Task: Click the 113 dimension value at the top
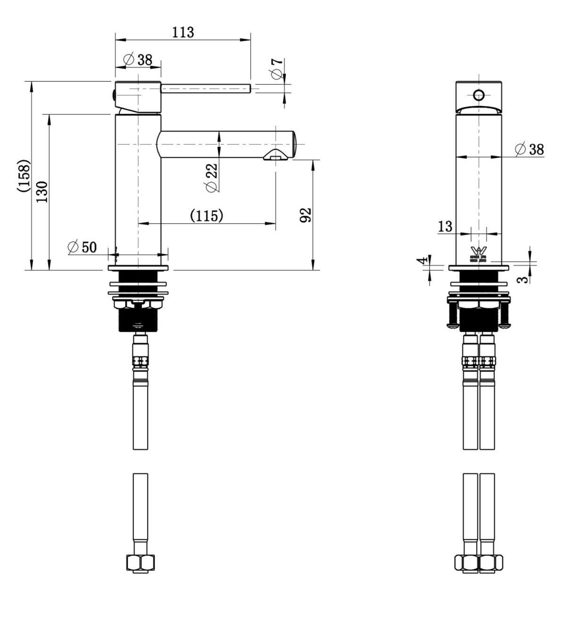point(183,32)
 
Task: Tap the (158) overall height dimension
point(25,176)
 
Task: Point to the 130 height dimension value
point(42,191)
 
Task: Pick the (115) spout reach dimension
point(206,216)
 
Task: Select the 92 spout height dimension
point(306,215)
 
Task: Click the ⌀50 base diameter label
point(82,247)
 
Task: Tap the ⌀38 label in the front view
point(530,150)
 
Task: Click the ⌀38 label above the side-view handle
point(137,60)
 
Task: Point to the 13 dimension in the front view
point(445,226)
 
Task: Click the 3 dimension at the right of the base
point(522,279)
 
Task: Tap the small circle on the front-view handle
point(479,96)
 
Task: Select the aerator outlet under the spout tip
point(275,155)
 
